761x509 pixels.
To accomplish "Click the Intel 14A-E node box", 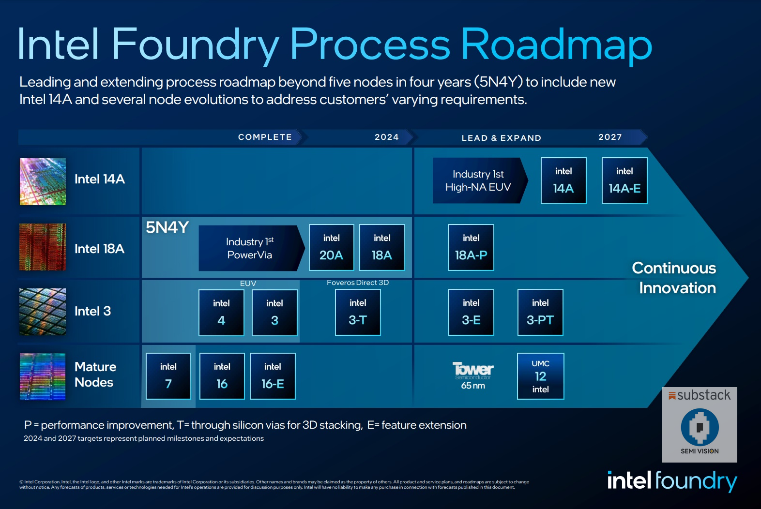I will click(624, 180).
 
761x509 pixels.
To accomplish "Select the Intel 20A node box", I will click(331, 247).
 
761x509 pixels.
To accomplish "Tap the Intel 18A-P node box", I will click(471, 247).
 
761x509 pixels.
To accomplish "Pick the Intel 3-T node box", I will click(358, 312).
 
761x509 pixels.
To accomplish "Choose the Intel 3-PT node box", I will click(540, 312).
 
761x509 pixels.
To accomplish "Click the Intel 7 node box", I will click(168, 376).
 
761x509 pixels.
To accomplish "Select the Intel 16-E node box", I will click(273, 376).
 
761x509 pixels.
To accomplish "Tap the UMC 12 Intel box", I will click(540, 376).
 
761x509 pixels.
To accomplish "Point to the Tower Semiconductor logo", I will click(472, 371).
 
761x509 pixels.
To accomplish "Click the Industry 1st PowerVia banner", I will click(250, 248).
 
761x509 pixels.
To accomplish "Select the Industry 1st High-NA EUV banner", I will click(478, 180).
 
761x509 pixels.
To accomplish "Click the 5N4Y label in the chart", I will click(167, 227).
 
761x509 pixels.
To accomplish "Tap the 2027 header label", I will click(610, 137).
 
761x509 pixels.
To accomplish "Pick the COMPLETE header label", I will click(265, 137).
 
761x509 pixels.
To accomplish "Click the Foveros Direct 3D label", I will click(358, 283).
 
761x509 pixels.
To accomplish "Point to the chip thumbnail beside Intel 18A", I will click(43, 247).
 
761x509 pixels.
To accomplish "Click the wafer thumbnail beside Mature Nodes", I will click(43, 376).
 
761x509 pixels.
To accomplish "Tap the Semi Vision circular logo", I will click(700, 427).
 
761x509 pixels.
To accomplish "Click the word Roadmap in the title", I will click(556, 45).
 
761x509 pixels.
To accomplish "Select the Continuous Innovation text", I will click(674, 278).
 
